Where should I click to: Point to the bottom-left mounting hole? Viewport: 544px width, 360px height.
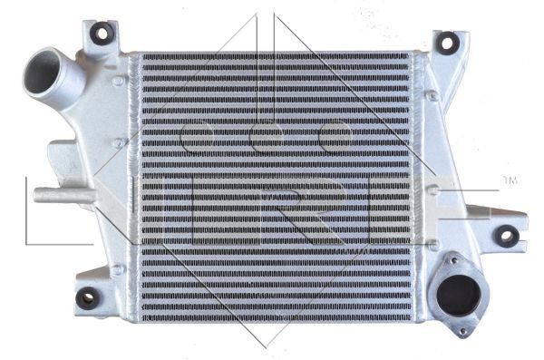coord(88,297)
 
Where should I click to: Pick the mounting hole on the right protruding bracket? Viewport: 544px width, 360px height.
coord(507,238)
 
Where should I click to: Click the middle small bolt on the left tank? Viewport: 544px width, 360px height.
coord(118,143)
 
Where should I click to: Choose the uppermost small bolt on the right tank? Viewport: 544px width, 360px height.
coord(433,94)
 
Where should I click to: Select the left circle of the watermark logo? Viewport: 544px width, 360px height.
coord(195,138)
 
